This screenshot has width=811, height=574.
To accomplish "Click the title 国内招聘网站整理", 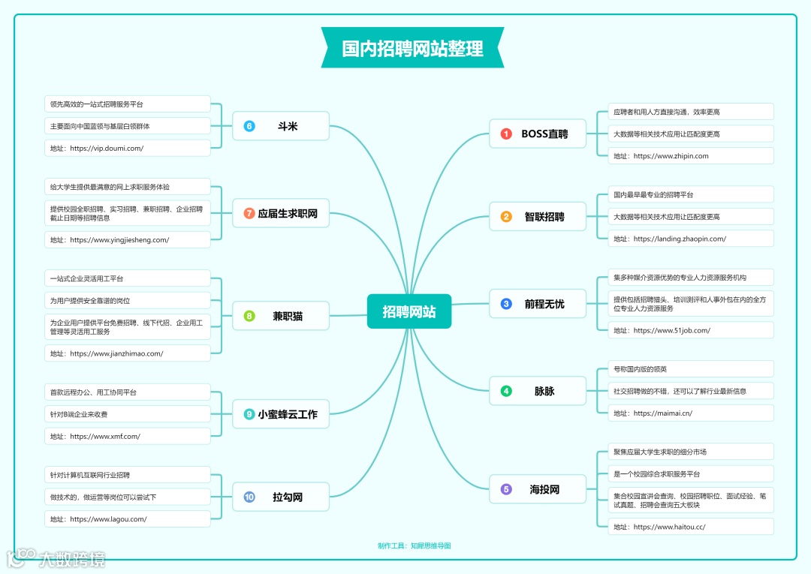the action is point(412,49).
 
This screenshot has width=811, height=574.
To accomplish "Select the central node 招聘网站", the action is point(409,311).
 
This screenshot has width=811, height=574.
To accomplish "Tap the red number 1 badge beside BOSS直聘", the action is point(506,134).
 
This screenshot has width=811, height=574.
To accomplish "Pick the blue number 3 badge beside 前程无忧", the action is point(506,304).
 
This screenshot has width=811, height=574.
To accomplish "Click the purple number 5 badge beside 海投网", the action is point(506,489).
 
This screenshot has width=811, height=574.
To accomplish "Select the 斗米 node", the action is point(281,126).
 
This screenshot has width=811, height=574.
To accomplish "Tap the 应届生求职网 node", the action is point(281,214).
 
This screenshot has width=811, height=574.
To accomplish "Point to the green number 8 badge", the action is point(249,316).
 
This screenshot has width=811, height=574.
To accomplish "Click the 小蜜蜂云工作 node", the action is point(281,414).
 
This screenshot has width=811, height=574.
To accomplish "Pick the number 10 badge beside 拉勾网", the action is point(249,497).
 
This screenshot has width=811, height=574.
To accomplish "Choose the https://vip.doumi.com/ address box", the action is point(127,149).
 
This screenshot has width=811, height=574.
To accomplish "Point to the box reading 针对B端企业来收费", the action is point(127,414).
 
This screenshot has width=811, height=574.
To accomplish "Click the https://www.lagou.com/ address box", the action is point(127,519).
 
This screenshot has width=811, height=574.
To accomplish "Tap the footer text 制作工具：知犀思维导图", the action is point(414,545).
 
